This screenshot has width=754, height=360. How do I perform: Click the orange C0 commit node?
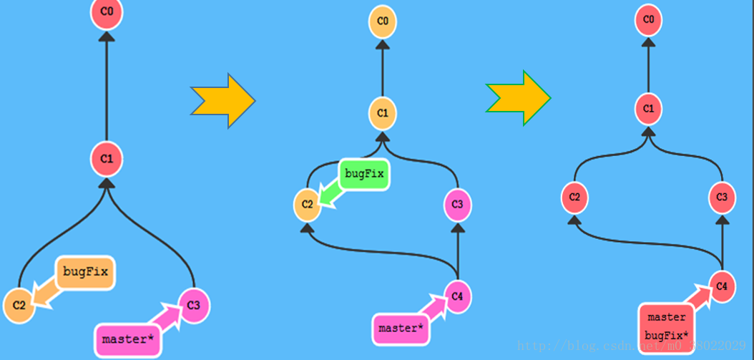[383, 22]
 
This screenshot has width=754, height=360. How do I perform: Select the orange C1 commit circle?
[383, 113]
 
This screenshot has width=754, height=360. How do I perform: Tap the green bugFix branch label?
[364, 173]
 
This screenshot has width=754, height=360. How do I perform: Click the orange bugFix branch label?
[85, 272]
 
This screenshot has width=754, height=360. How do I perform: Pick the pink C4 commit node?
[458, 294]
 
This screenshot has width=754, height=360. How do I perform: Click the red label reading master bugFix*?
[666, 326]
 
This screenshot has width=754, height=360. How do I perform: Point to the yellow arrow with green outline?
[518, 97]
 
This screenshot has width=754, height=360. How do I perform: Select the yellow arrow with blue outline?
[222, 100]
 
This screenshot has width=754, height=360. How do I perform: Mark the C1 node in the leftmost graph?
[107, 159]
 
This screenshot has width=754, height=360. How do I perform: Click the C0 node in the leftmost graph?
[107, 13]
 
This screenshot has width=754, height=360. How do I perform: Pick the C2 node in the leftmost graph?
[19, 306]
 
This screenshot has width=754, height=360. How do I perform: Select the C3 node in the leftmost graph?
[193, 305]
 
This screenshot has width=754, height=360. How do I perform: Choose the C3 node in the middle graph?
[458, 205]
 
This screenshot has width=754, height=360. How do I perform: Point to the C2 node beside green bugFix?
[307, 205]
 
